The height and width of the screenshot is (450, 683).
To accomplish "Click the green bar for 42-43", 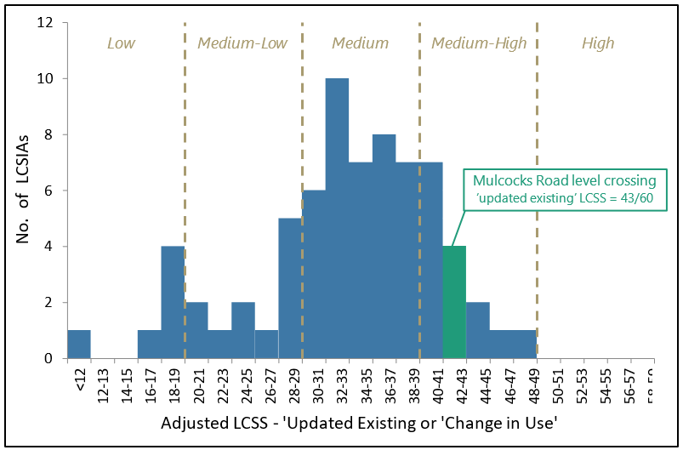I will tap(454, 302).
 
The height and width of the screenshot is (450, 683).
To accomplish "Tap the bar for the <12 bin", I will tap(79, 344).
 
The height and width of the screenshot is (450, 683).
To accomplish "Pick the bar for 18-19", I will tap(173, 302).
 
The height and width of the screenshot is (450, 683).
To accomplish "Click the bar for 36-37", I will tap(384, 247).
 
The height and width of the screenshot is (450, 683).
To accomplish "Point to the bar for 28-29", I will tap(290, 288).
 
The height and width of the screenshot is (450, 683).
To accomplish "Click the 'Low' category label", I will tap(121, 43).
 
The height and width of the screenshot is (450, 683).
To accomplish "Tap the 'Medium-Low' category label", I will tap(242, 43).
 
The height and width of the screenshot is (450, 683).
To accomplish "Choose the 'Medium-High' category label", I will tap(479, 43).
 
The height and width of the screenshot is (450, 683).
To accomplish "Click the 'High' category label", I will tap(597, 43).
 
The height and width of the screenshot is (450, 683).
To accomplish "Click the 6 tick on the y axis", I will tap(51, 191).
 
